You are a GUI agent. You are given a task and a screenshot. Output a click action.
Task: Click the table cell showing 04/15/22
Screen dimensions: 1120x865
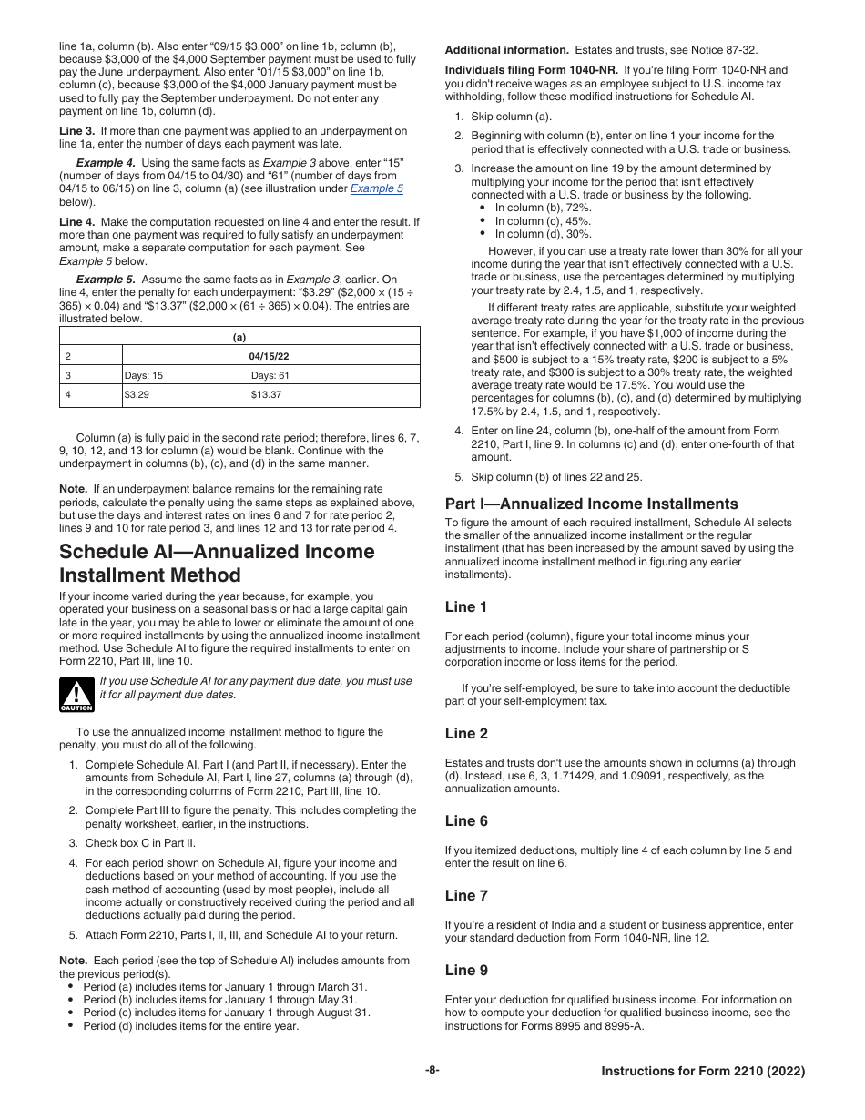(x=270, y=355)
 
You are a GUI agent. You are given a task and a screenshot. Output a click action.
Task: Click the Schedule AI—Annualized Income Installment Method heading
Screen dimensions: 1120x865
(x=217, y=564)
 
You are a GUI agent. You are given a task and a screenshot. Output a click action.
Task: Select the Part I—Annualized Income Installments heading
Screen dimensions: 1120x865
(x=591, y=504)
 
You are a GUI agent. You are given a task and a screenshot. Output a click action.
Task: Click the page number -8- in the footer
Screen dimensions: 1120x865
(x=432, y=1071)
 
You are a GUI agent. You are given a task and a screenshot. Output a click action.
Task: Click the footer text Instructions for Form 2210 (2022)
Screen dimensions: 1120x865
(x=703, y=1072)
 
